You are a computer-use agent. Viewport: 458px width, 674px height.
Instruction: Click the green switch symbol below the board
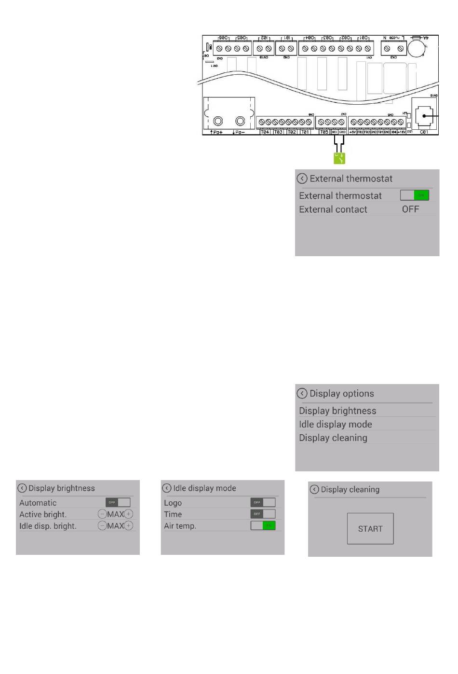pos(340,158)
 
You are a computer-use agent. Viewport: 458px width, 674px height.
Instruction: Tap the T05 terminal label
pos(324,132)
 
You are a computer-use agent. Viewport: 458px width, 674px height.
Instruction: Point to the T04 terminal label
pos(265,132)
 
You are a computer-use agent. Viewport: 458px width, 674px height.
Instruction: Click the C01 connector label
pos(424,132)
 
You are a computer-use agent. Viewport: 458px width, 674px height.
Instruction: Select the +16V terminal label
pos(401,132)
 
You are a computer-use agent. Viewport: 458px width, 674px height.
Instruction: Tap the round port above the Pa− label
pos(240,121)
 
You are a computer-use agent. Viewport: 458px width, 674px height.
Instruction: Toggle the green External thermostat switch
pos(414,195)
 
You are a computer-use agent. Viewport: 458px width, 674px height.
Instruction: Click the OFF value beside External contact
pos(410,209)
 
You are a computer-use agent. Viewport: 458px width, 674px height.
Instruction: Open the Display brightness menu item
pos(337,411)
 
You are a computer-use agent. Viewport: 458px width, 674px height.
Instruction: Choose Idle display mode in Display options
pos(336,424)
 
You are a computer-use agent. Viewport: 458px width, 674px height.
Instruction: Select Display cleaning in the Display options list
pos(333,438)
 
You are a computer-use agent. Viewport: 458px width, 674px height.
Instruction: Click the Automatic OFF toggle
pos(118,502)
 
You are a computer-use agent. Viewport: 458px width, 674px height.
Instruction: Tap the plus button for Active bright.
pos(129,514)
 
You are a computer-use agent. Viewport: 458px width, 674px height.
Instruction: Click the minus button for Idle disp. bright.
pos(102,526)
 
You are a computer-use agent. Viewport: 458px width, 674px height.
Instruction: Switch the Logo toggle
pos(263,502)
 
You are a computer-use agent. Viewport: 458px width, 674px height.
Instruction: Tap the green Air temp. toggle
pos(263,525)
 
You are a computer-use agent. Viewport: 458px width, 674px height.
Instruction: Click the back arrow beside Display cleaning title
pos(314,489)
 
